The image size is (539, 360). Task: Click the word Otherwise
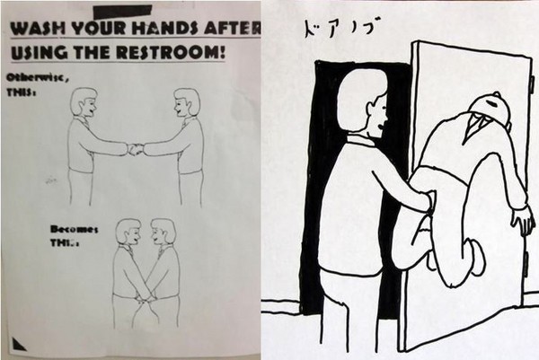[37, 77]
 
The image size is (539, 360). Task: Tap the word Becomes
[74, 229]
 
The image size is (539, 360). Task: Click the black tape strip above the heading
[122, 12]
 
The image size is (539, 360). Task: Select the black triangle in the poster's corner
[19, 345]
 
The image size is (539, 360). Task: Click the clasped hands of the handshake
[136, 148]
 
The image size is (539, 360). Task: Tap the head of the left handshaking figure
[84, 102]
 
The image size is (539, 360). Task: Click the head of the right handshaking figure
[187, 102]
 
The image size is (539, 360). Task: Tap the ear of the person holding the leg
[372, 109]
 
